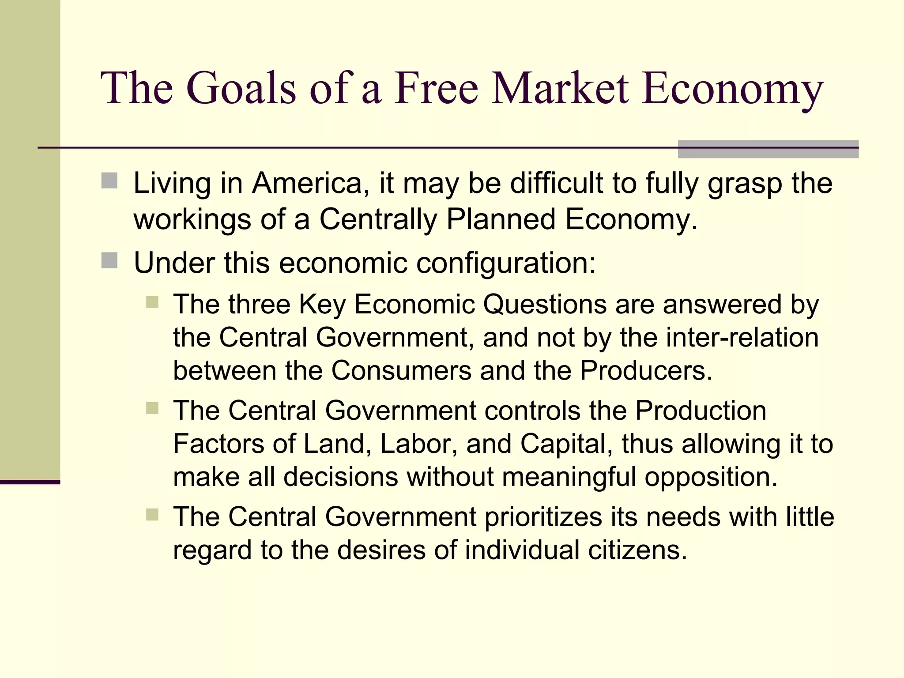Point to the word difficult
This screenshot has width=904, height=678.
pos(556,183)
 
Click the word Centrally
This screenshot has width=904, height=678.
pos(378,219)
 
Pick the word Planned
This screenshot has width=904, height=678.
pos(501,219)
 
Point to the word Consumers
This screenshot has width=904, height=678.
pos(401,370)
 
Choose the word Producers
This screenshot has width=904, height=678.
pos(646,370)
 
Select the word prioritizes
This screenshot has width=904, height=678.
pos(543,517)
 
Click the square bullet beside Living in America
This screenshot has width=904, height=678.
pos(109,181)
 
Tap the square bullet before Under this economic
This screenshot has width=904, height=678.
pos(109,260)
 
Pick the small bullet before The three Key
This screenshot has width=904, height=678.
pos(152,302)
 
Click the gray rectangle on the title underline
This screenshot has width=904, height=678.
pos(768,149)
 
